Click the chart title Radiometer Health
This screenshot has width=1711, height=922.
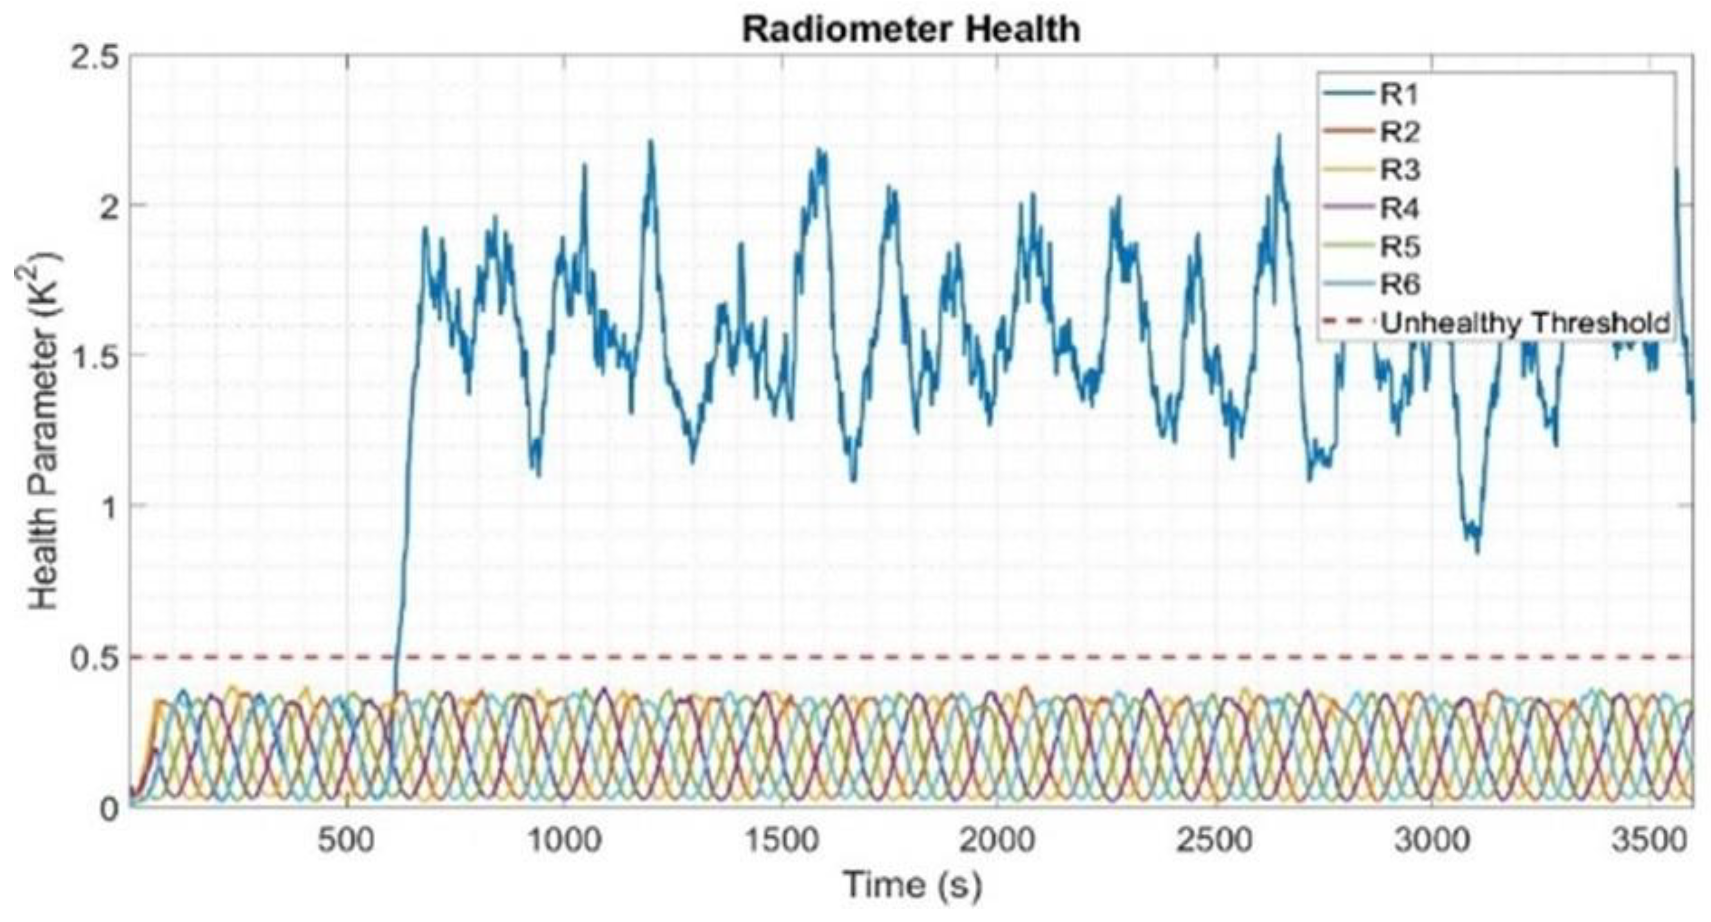click(911, 30)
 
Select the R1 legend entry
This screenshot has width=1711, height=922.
click(1400, 95)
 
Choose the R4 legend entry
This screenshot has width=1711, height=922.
click(1400, 209)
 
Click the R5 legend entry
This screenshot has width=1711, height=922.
click(1400, 246)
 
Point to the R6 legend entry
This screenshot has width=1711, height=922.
click(1400, 285)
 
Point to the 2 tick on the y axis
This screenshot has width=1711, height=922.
click(106, 206)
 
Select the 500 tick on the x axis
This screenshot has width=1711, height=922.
click(345, 841)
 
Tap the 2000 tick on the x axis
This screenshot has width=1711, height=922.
click(998, 841)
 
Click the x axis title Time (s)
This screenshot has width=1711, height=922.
click(911, 885)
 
